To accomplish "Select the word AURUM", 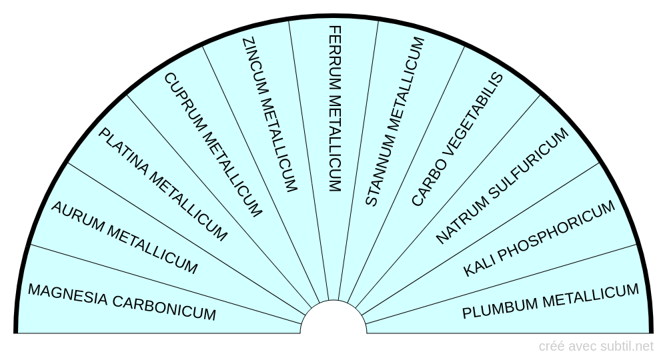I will coord(76,217).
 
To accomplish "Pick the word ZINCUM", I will coord(253,66).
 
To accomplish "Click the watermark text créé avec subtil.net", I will coord(596,346).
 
